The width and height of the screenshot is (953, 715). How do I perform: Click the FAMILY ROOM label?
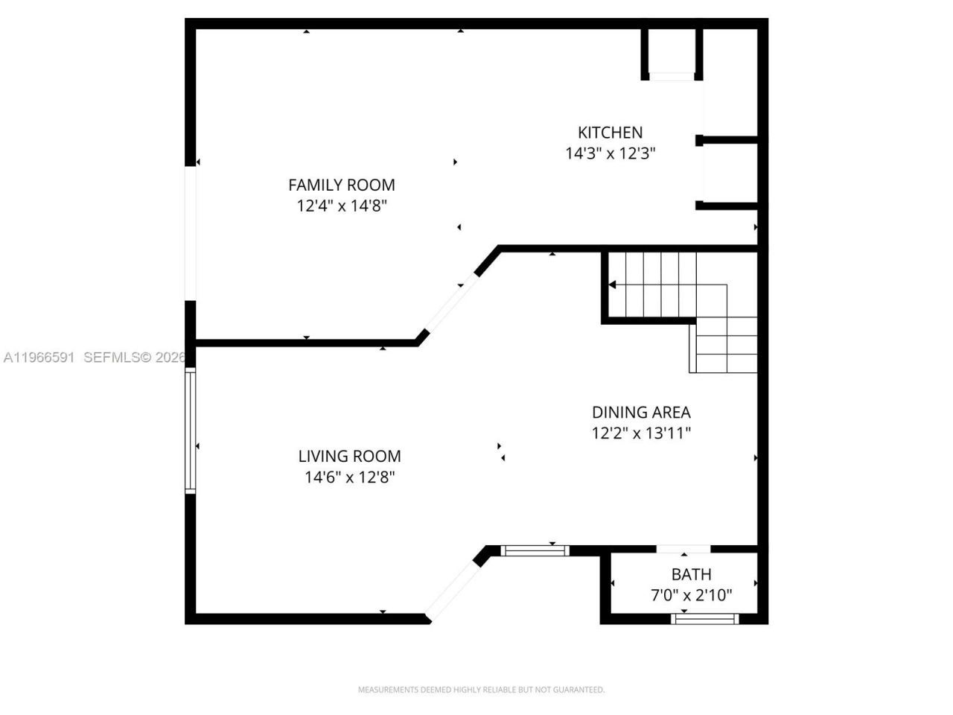tap(341, 185)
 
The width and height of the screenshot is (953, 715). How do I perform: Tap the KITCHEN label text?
tap(610, 133)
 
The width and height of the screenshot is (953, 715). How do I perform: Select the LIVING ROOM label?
tap(349, 456)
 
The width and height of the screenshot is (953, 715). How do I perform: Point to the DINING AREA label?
tap(640, 412)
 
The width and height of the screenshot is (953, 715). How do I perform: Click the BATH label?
tap(691, 574)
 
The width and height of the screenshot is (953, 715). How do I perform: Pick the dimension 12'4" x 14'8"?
tap(341, 206)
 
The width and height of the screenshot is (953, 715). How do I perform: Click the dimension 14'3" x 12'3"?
tap(610, 153)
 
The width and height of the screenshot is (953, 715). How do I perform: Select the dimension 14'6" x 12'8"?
tap(349, 477)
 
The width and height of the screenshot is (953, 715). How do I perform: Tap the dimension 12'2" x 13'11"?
tap(640, 433)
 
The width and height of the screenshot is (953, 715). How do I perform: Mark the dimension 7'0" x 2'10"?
tap(691, 595)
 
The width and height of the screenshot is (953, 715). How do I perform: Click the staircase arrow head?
tap(613, 285)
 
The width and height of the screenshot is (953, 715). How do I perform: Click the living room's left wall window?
tap(191, 431)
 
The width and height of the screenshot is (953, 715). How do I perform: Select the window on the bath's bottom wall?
tap(704, 618)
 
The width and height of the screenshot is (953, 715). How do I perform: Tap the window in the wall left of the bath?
tap(535, 551)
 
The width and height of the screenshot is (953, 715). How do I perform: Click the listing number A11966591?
tap(39, 357)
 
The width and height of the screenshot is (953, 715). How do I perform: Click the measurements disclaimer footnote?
tap(481, 690)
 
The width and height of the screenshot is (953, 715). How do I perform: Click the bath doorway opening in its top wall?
tap(683, 550)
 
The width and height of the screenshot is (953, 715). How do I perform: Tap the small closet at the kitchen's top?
tap(672, 52)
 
